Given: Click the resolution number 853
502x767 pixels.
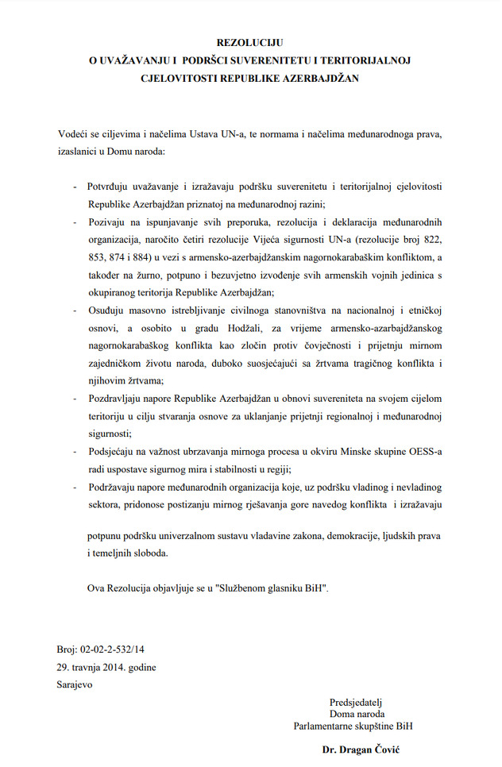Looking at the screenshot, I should (98, 256).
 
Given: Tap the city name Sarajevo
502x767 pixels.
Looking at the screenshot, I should (75, 684).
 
